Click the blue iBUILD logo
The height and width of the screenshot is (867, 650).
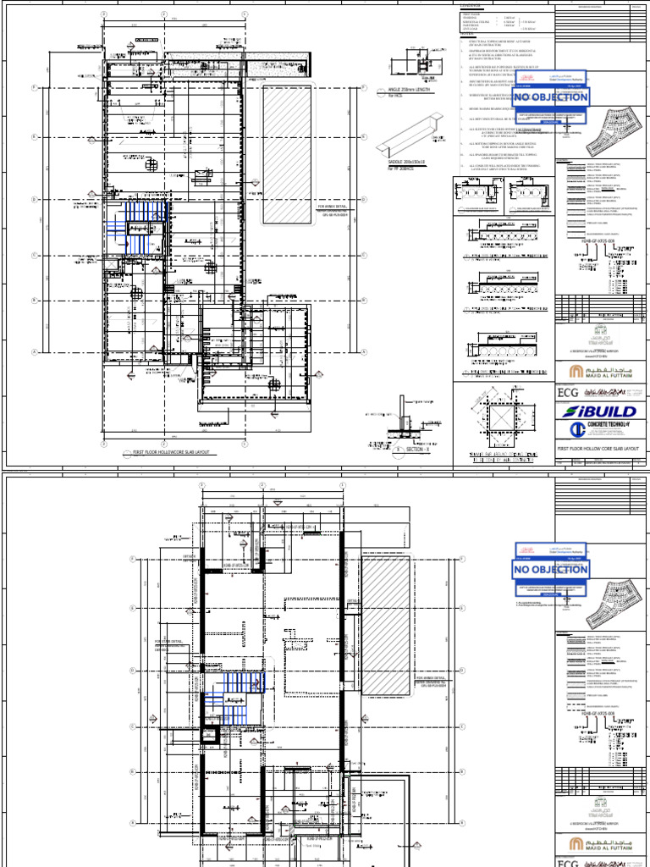click(597, 411)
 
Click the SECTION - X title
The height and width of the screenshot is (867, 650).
click(413, 450)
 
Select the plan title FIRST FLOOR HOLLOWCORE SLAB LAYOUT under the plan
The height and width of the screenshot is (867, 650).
click(168, 453)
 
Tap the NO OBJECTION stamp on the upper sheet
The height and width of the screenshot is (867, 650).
click(550, 97)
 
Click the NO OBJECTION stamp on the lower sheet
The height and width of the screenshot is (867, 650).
click(550, 570)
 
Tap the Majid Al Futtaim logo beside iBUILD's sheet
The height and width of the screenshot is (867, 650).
click(597, 371)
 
